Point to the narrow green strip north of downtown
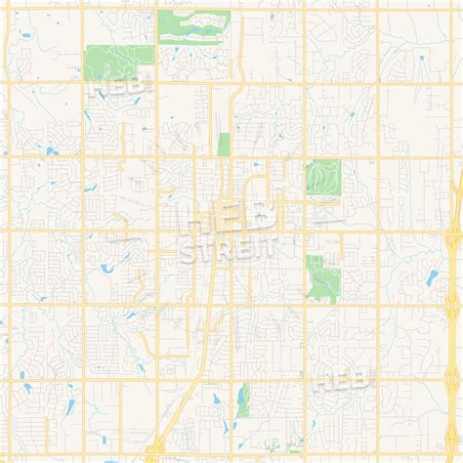coord(224,144)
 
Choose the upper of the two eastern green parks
coord(321,178)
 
